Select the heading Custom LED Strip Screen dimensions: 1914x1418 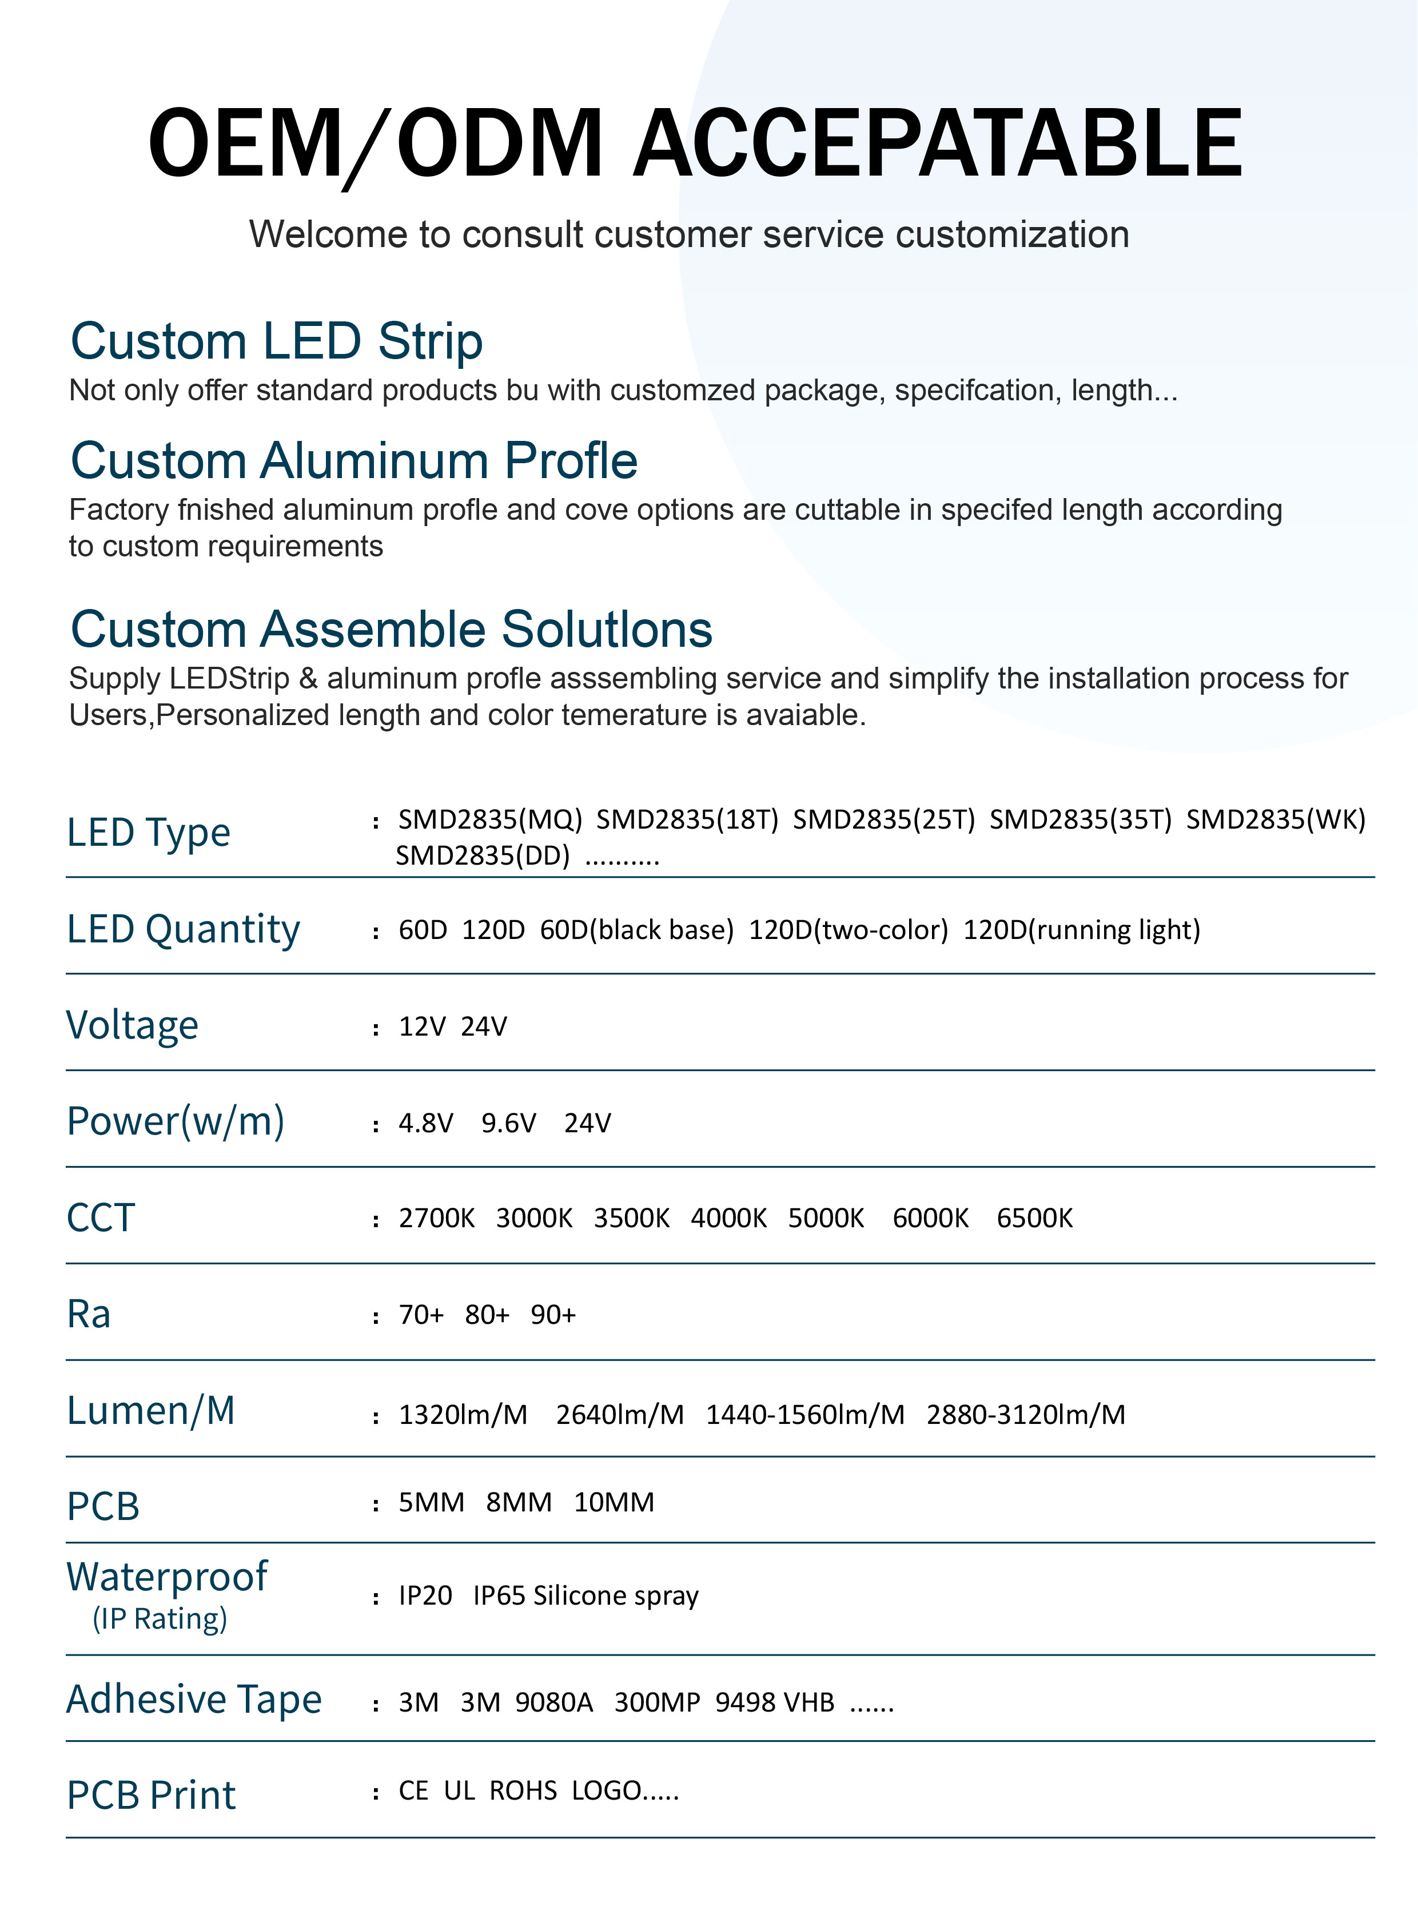[276, 341]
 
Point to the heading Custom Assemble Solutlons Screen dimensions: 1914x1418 [392, 628]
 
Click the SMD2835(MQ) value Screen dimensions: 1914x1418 [490, 819]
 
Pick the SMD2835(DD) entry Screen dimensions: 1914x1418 [483, 855]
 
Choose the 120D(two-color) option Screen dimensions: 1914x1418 [848, 929]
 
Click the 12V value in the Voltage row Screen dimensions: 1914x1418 [423, 1026]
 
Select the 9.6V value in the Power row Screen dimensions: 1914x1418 [508, 1123]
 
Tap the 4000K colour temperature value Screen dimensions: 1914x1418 [729, 1218]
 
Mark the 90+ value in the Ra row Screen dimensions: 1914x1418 [553, 1315]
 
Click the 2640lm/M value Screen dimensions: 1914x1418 [620, 1414]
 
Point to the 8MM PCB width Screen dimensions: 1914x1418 [519, 1502]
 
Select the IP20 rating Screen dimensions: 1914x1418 [425, 1595]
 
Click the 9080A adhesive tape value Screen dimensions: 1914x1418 [553, 1702]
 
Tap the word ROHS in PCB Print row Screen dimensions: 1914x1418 [523, 1790]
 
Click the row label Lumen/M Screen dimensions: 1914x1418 [151, 1410]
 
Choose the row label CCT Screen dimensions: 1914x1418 [101, 1218]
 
